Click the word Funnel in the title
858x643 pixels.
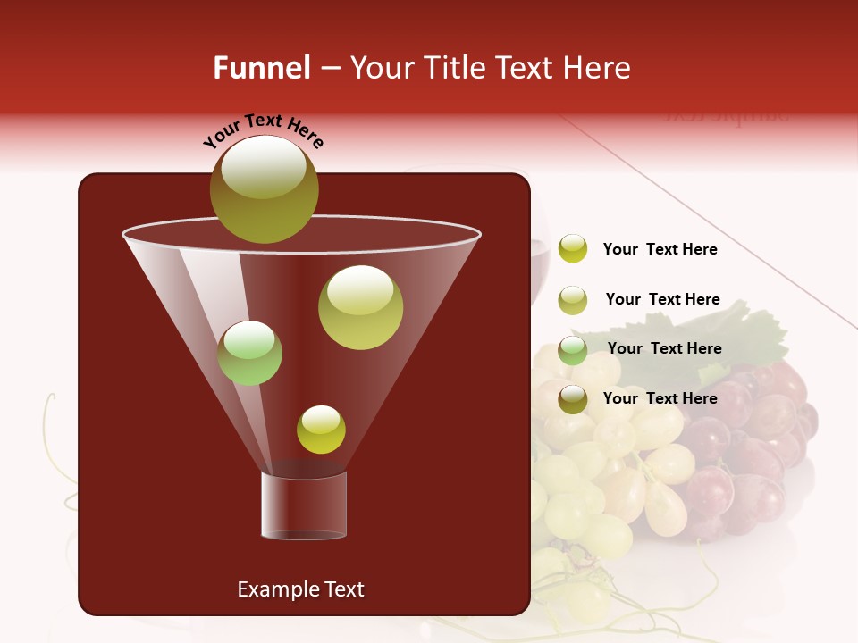(261, 68)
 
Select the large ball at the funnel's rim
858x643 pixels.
(264, 189)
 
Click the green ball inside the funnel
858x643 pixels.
(249, 353)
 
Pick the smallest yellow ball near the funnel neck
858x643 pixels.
(321, 429)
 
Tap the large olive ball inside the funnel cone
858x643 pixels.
(360, 306)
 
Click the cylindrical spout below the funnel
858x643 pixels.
(303, 505)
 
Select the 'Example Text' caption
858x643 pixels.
(300, 589)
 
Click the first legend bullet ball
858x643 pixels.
(572, 248)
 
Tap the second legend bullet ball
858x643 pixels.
(572, 300)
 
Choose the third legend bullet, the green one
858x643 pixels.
(572, 349)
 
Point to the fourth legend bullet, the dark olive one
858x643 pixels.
(572, 399)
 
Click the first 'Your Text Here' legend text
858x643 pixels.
(660, 249)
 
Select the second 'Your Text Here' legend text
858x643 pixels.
(662, 299)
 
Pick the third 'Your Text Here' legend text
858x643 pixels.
(664, 348)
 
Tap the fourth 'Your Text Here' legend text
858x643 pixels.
(660, 398)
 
